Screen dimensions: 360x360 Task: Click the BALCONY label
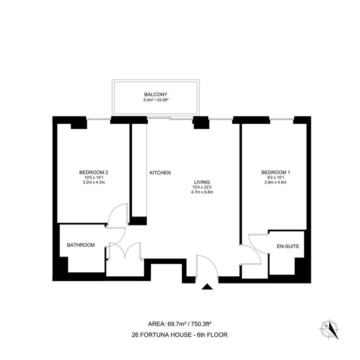[156, 94]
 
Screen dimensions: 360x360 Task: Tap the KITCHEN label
[160, 173]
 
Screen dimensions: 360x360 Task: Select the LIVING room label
[202, 182]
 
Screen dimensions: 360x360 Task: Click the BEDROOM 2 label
[94, 172]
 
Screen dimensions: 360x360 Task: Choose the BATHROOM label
[81, 245]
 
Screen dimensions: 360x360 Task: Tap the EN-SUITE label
[288, 246]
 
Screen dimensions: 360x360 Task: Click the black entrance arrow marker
[207, 287]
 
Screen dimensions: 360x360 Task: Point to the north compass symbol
[329, 329]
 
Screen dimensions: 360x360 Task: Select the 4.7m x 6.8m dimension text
[202, 192]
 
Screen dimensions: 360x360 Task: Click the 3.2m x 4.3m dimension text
[94, 182]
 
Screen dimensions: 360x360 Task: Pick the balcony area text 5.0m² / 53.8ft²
[156, 100]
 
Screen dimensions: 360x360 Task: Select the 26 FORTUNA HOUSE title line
[180, 335]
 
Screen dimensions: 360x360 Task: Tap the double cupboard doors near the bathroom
[125, 250]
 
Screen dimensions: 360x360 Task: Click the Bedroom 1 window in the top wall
[281, 119]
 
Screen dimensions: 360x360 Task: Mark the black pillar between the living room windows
[201, 122]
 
